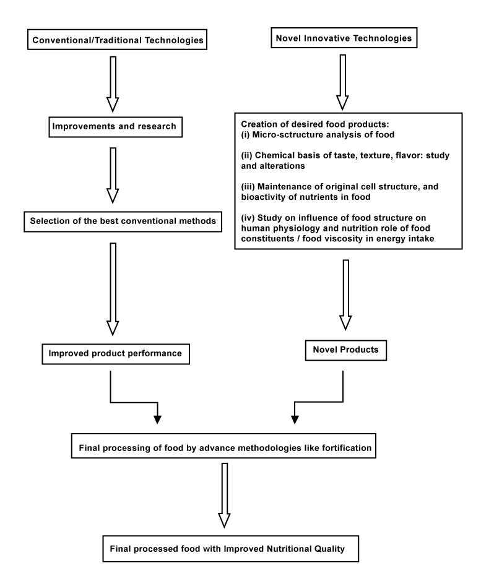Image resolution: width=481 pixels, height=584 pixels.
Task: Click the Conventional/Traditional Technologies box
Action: [x=117, y=40]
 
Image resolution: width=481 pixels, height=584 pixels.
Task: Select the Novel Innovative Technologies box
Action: [x=344, y=38]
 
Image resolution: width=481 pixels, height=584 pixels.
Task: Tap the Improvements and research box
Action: [x=116, y=127]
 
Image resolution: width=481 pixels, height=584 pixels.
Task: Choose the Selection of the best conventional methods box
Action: [x=123, y=221]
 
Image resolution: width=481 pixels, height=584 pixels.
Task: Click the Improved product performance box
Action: [x=116, y=354]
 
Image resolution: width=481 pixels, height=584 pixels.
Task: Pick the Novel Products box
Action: [x=346, y=350]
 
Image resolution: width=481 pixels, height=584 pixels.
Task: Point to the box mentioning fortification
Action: [x=223, y=446]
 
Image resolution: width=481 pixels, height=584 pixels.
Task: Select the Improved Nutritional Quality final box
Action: [x=231, y=549]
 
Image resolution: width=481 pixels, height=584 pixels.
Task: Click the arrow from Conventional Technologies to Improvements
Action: [x=113, y=84]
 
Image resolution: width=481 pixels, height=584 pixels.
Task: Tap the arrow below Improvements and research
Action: [x=113, y=175]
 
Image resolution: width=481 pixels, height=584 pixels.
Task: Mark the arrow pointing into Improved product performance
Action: [x=113, y=289]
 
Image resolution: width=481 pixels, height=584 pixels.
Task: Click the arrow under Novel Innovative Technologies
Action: [x=342, y=82]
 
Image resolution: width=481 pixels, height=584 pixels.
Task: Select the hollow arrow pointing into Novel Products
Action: [x=345, y=294]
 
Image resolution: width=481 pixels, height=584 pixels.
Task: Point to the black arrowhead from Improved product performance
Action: [x=158, y=419]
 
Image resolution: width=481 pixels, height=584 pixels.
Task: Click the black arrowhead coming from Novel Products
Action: [x=295, y=419]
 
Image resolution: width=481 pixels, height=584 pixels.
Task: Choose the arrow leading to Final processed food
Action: [x=224, y=496]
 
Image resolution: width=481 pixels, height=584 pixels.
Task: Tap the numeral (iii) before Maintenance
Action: [x=248, y=187]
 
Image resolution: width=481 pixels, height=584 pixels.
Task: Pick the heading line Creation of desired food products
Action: [x=315, y=124]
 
